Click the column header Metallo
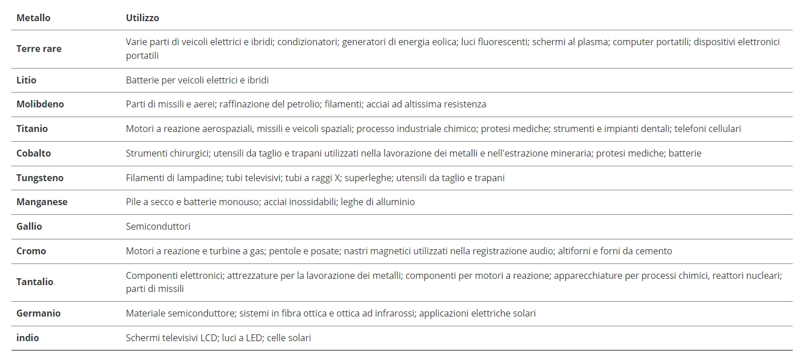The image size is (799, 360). click(x=33, y=18)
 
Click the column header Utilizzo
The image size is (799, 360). click(x=142, y=18)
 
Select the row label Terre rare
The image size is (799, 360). click(x=39, y=49)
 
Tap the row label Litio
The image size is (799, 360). click(x=26, y=80)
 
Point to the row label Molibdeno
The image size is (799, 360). click(x=40, y=104)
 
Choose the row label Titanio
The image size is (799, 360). click(x=32, y=129)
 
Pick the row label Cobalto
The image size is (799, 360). click(x=34, y=153)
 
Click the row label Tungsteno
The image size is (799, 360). click(x=40, y=178)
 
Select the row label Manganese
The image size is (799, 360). click(x=42, y=202)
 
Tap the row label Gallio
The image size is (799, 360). click(x=29, y=226)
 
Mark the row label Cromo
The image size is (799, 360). click(x=31, y=251)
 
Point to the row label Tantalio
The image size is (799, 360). click(x=35, y=282)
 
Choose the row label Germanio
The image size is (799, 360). click(x=38, y=313)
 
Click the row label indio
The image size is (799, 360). click(x=28, y=338)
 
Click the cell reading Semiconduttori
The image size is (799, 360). click(x=158, y=226)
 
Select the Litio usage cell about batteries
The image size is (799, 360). click(x=197, y=80)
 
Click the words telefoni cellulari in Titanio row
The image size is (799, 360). click(x=708, y=129)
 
